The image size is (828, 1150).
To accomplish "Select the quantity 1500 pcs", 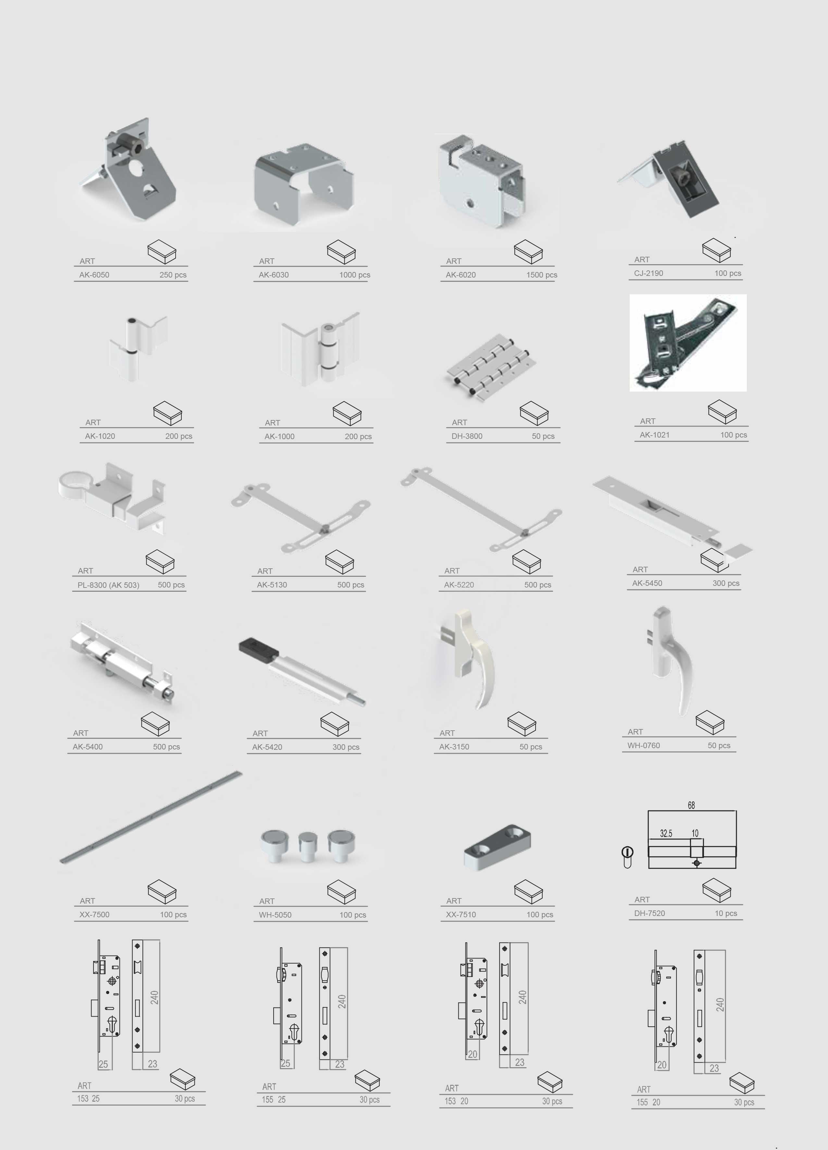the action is [541, 275].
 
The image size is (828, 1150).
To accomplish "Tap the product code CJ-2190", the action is [649, 273].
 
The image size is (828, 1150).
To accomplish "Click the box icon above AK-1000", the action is [347, 413].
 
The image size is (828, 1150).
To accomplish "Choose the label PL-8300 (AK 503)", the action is [108, 585].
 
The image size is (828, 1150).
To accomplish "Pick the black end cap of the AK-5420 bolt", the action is [258, 647].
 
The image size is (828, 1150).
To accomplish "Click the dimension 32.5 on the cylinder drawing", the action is [666, 834].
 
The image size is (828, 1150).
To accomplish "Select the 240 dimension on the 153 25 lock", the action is [154, 997].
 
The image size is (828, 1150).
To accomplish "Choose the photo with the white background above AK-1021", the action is [688, 343].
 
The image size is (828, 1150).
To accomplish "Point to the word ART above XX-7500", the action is [87, 901].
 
